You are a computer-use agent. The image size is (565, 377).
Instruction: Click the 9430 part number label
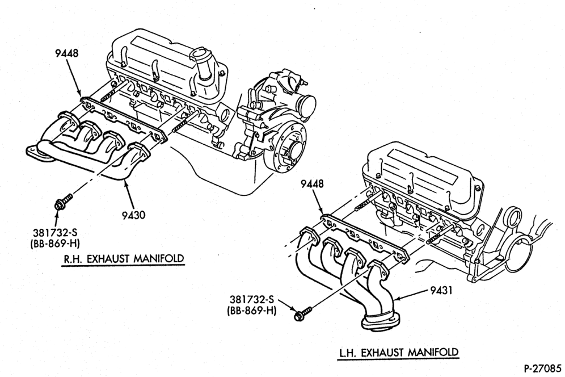(x=133, y=215)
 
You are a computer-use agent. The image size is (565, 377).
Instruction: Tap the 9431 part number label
(x=441, y=290)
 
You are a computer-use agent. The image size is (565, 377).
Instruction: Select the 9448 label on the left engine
(x=67, y=53)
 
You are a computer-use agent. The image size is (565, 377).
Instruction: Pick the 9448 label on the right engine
(x=312, y=183)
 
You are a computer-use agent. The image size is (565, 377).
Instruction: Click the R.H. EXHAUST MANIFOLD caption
(x=124, y=258)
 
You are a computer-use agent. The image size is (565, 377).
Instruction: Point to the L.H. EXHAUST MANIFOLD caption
(x=399, y=352)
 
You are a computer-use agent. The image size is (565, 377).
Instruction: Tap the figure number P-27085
(x=542, y=368)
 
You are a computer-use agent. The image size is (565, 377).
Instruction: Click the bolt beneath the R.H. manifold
(x=62, y=202)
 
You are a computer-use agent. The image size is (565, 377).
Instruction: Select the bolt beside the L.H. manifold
(x=303, y=313)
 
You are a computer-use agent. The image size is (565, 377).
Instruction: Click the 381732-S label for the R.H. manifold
(x=55, y=233)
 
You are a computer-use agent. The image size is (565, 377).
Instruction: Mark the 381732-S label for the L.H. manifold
(x=252, y=299)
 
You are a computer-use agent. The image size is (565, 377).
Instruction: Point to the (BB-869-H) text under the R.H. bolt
(x=55, y=244)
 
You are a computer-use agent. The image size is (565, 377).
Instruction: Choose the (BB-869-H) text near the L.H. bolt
(x=252, y=310)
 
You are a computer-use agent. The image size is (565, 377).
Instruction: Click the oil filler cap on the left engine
(x=198, y=58)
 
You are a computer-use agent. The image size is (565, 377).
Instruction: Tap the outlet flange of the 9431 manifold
(x=380, y=321)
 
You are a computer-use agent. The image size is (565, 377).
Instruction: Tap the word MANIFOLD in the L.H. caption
(x=434, y=352)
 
